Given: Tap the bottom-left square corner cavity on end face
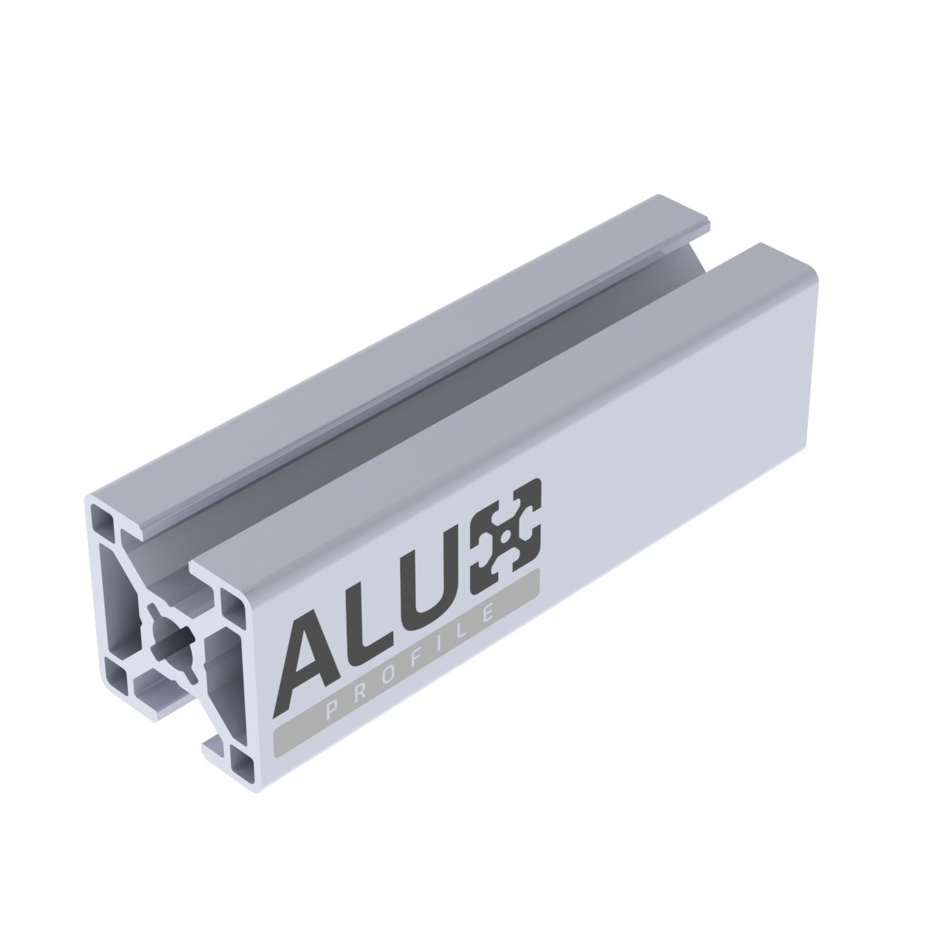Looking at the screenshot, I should click(117, 673).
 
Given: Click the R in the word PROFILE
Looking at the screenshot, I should click(363, 695).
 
